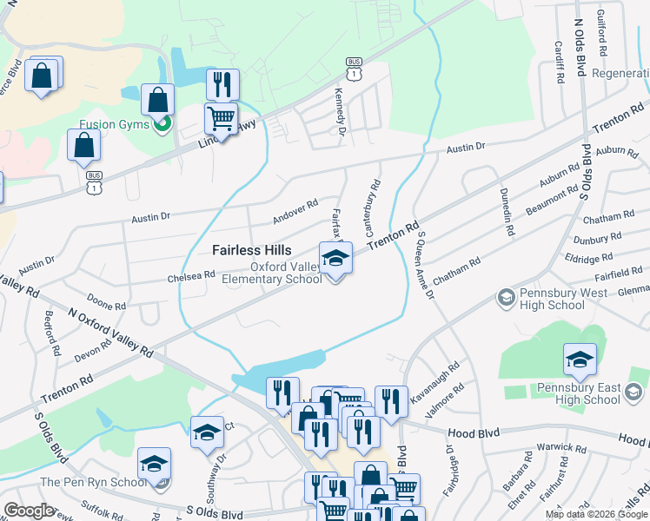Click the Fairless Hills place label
pyautogui.click(x=252, y=250)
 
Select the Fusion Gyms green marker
pyautogui.click(x=161, y=125)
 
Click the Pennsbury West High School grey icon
pyautogui.click(x=505, y=299)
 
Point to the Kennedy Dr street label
pyautogui.click(x=342, y=112)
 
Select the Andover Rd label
pyautogui.click(x=295, y=208)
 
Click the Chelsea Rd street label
pyautogui.click(x=190, y=276)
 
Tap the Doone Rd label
pyautogui.click(x=107, y=306)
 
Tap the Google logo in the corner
pyautogui.click(x=30, y=511)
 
